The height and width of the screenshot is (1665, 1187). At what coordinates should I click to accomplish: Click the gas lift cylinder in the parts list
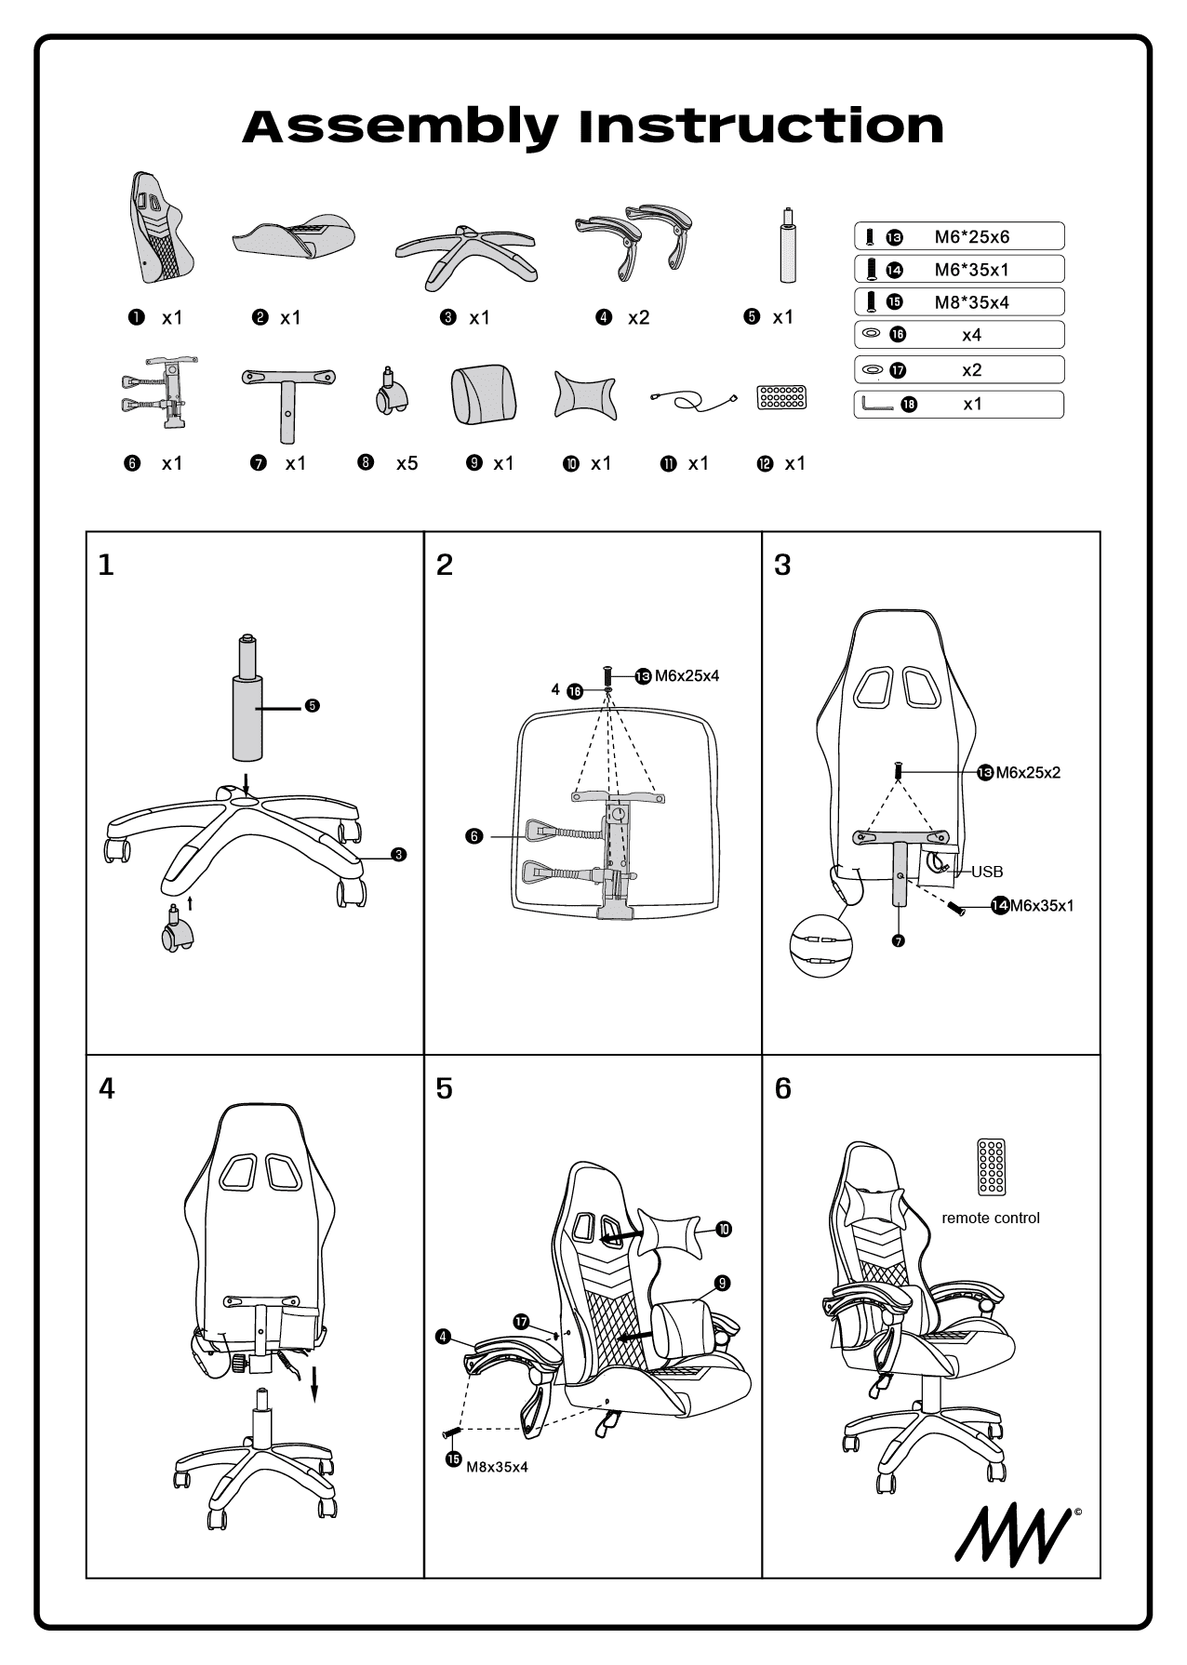coord(787,246)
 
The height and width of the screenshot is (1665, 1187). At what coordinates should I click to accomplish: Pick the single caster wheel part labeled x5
coord(391,393)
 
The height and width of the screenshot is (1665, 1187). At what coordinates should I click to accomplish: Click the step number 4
coord(107,1088)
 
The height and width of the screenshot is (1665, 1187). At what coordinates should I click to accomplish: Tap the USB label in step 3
coord(987,872)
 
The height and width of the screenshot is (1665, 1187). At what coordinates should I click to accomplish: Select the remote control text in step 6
coord(990,1218)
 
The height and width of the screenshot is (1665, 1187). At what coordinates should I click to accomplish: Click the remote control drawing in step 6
coord(991,1166)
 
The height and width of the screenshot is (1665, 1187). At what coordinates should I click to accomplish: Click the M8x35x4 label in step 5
coord(497,1467)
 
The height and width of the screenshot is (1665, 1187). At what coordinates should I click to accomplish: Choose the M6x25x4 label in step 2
coord(687,676)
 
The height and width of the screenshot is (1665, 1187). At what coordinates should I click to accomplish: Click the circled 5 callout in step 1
coord(313,706)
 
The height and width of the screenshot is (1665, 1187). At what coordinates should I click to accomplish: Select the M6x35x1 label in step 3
coord(1041,905)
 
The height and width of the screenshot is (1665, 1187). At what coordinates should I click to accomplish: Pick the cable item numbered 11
coord(693,400)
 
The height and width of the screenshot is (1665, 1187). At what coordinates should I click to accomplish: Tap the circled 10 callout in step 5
coord(724,1230)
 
